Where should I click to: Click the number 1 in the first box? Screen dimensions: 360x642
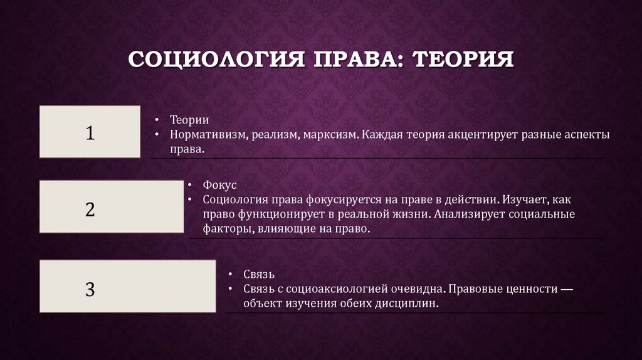click(x=90, y=132)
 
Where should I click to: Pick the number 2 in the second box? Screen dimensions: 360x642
click(x=90, y=209)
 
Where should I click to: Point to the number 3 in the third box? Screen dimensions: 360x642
click(x=90, y=289)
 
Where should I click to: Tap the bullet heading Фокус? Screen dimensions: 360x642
click(x=219, y=186)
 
